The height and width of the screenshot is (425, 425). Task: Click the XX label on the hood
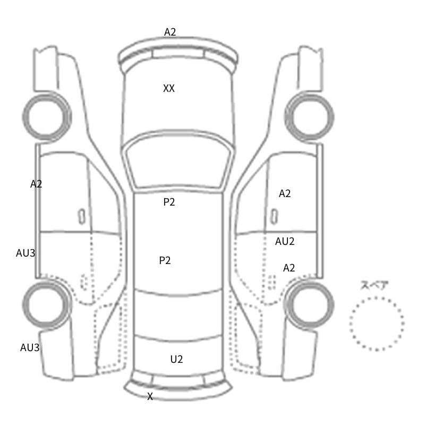169,88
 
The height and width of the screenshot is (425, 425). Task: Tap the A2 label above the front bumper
170,32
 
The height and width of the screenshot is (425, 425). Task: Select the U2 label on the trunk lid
176,359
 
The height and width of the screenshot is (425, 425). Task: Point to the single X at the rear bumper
150,396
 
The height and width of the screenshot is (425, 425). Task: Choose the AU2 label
285,241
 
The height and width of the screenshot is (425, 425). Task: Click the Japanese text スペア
370,285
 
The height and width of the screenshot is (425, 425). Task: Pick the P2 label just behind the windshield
169,202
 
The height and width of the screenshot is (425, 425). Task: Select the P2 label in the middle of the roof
165,260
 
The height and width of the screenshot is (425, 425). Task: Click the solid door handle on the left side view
82,217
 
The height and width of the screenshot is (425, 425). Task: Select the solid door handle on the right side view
274,217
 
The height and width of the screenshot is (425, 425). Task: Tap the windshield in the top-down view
177,161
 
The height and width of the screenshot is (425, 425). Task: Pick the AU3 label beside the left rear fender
30,347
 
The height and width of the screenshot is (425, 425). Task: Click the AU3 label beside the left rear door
25,253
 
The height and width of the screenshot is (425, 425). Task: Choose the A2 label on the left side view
36,184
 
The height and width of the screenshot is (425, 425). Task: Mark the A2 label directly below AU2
289,268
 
